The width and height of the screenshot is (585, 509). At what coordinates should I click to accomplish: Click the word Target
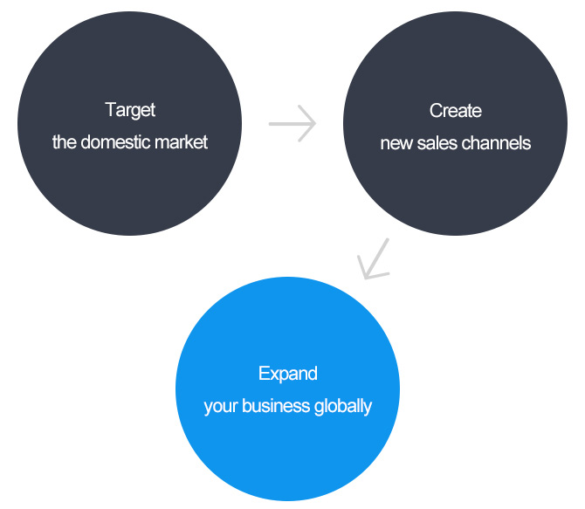(x=130, y=111)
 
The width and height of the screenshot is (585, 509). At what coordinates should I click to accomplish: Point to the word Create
(x=456, y=111)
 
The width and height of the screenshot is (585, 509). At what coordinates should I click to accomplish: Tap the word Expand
(x=288, y=374)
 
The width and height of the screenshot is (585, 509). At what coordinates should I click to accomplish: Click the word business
(x=276, y=406)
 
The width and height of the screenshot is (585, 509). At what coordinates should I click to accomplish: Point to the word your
(x=221, y=407)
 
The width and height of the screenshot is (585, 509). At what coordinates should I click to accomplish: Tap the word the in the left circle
(x=65, y=142)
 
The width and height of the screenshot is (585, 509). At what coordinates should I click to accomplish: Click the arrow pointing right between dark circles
(x=292, y=123)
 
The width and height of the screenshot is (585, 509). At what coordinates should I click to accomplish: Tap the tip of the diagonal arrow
(x=365, y=279)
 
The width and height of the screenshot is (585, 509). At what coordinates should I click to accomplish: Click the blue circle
(x=287, y=389)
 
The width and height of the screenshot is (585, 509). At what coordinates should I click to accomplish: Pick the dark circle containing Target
(x=129, y=123)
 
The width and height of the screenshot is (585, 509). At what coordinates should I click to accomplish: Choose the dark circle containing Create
(x=456, y=123)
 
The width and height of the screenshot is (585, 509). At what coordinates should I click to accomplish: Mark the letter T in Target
(x=111, y=109)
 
